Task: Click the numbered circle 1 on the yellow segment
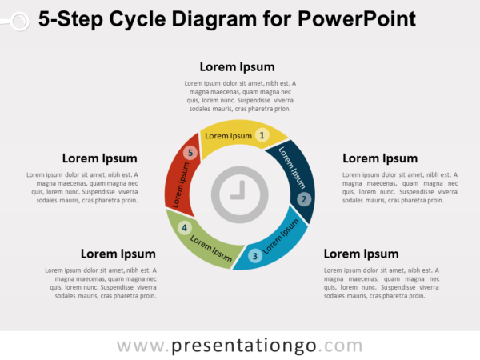click(262, 136)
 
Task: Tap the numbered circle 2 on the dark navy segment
click(303, 199)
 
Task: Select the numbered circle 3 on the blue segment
click(254, 256)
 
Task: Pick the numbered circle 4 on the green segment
click(185, 228)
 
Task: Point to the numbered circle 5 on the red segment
click(190, 153)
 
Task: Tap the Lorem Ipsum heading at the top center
click(237, 66)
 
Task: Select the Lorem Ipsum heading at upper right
click(380, 158)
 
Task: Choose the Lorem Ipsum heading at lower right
click(361, 254)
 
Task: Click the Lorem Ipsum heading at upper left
click(99, 158)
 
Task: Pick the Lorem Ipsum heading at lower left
click(118, 254)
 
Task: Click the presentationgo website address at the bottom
click(239, 346)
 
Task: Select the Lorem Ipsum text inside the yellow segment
click(228, 136)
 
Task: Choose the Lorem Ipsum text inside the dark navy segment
click(293, 164)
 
